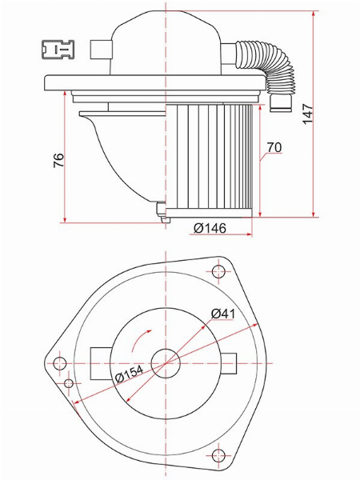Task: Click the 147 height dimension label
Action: click(308, 114)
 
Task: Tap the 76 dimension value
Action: click(58, 160)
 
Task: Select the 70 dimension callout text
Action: click(274, 147)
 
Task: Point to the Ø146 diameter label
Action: click(210, 228)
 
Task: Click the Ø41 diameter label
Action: click(223, 314)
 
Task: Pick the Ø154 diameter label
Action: click(129, 374)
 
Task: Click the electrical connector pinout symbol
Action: click(58, 49)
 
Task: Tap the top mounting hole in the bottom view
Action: click(218, 270)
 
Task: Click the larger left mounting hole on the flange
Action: click(60, 363)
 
